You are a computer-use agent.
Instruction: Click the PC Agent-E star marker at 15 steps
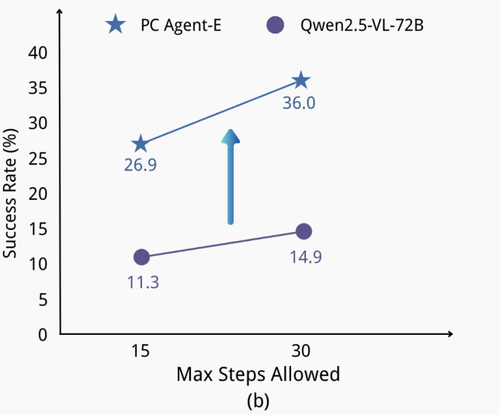tap(141, 144)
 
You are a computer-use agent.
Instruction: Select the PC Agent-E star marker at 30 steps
tap(301, 81)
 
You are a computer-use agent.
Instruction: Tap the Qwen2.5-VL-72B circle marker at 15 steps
tap(141, 256)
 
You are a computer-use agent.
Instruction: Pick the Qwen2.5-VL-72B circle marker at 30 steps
tap(304, 231)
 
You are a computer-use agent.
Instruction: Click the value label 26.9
tap(141, 165)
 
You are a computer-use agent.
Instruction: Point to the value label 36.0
tap(299, 103)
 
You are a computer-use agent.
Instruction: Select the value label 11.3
tap(143, 282)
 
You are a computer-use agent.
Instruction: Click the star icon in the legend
tap(116, 25)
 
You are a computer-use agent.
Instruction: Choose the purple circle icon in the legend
tap(274, 25)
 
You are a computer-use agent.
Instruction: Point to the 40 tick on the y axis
tap(38, 53)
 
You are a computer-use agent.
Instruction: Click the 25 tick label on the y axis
tap(38, 159)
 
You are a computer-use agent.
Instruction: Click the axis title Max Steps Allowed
tap(258, 374)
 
